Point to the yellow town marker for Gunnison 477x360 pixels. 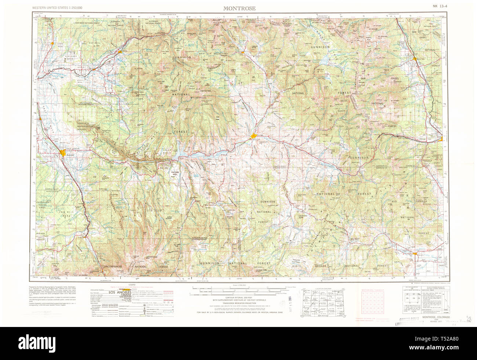click(x=254, y=137)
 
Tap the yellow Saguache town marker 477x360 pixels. click(x=415, y=253)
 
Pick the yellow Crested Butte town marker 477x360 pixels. click(x=243, y=52)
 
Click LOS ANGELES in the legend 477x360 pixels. click(x=118, y=292)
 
